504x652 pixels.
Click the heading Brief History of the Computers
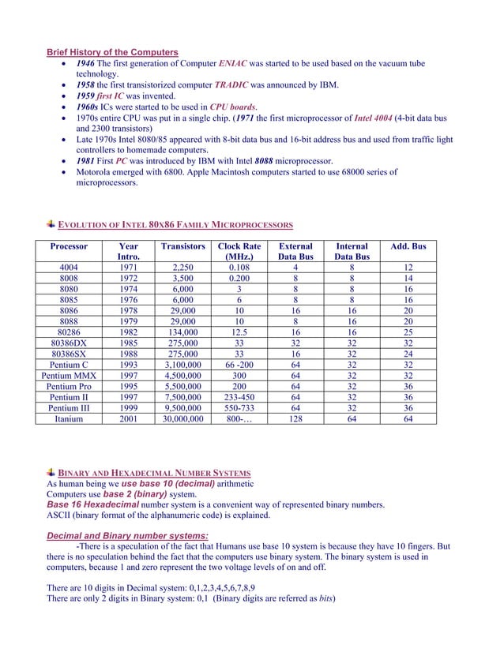click(x=112, y=52)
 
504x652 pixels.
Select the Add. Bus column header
click(x=408, y=246)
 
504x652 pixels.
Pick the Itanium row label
click(x=69, y=420)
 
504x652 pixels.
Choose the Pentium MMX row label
click(x=69, y=376)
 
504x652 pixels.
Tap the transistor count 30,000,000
click(x=182, y=420)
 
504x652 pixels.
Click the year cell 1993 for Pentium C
click(x=128, y=365)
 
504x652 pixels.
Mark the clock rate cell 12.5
click(x=239, y=332)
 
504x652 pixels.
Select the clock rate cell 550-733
click(x=239, y=409)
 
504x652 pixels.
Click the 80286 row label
click(x=69, y=332)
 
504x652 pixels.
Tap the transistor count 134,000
click(x=182, y=332)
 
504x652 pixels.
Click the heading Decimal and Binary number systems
click(x=128, y=536)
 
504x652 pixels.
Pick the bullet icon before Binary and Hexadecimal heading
click(x=51, y=471)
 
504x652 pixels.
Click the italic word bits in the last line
click(x=323, y=598)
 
